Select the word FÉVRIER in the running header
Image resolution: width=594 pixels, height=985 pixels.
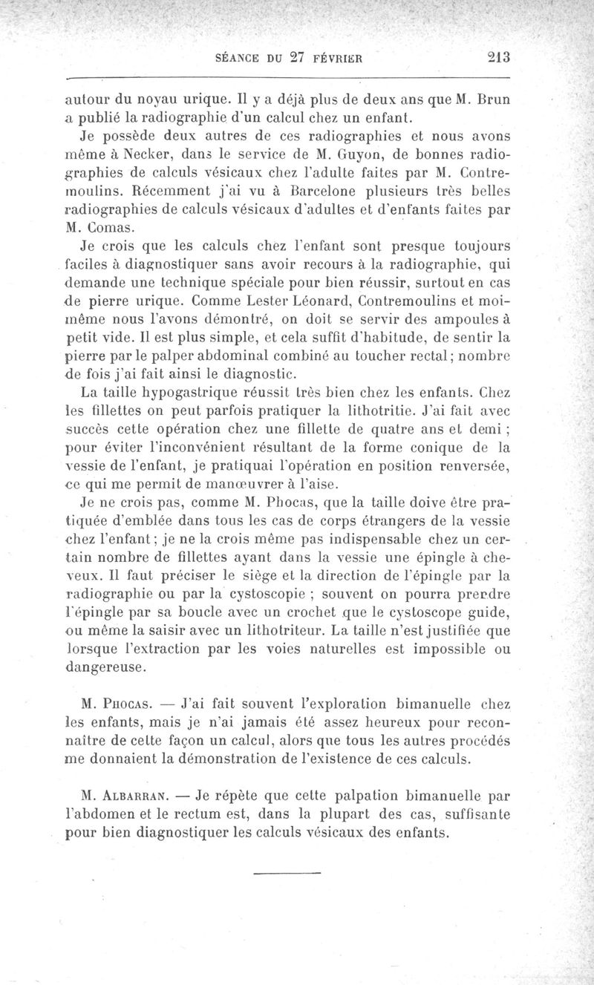tap(336, 61)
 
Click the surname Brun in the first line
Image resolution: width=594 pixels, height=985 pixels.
tap(493, 100)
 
